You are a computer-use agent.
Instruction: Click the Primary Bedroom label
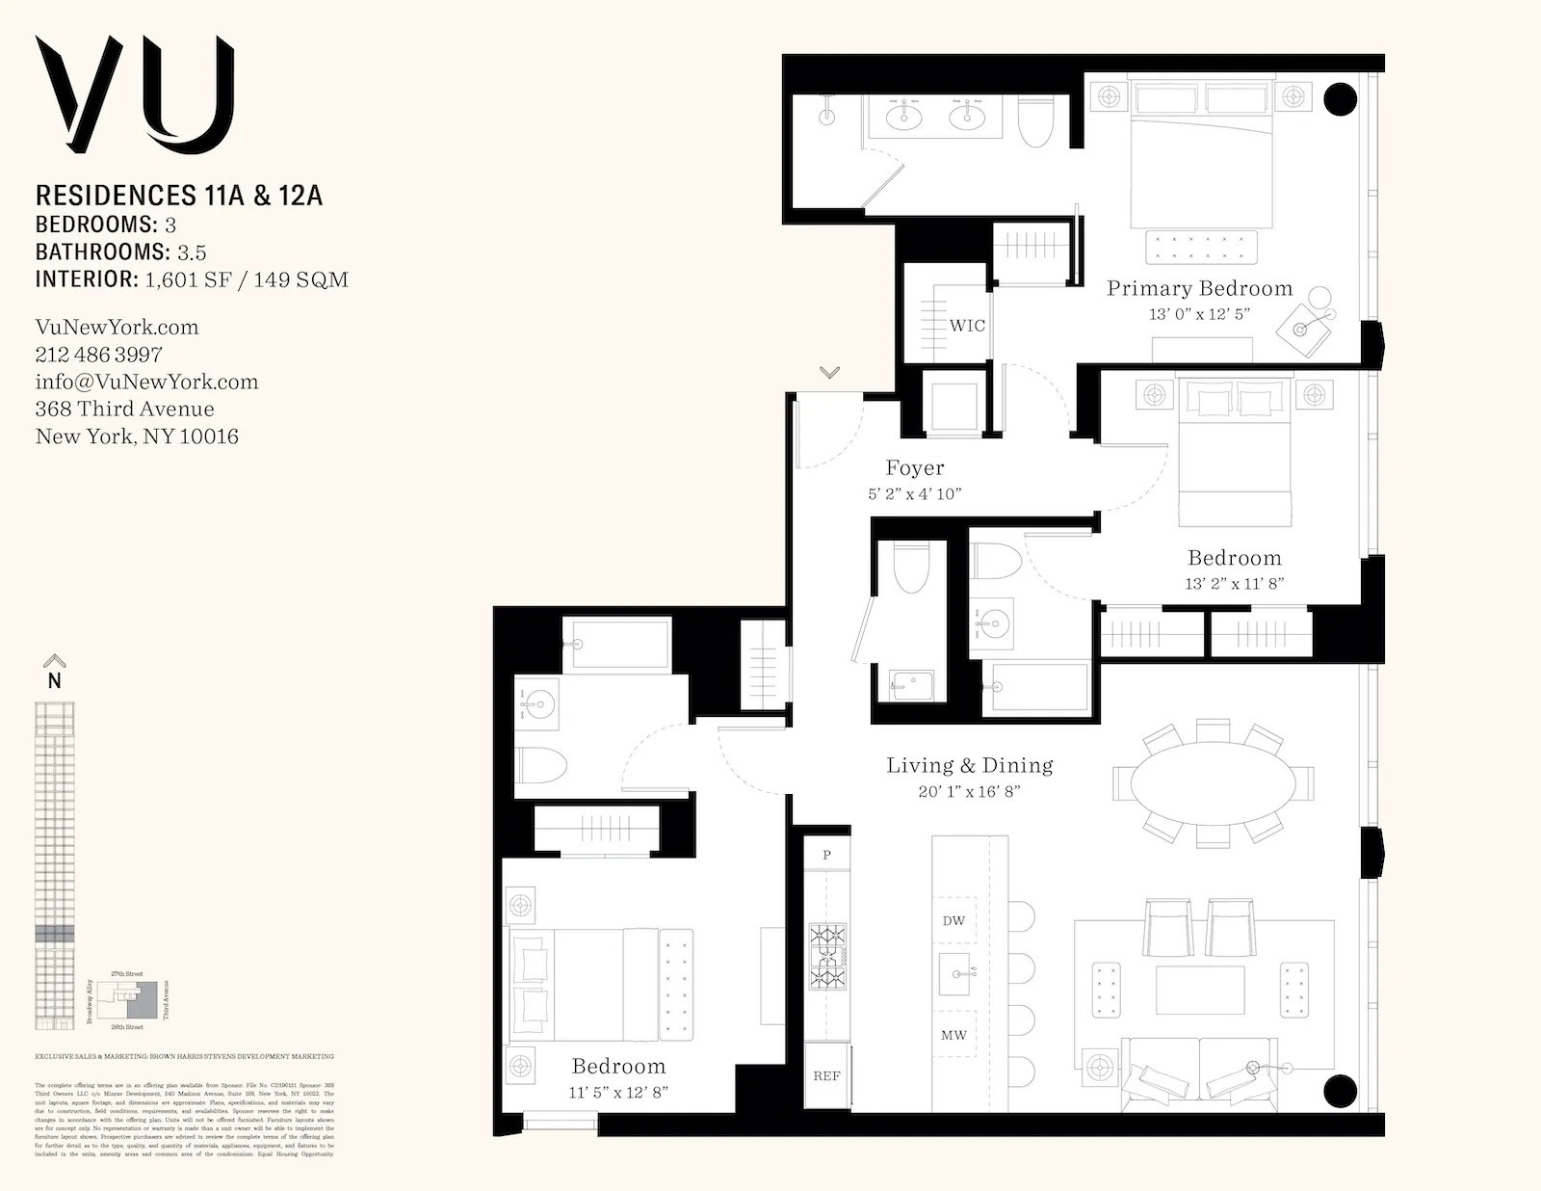click(1199, 288)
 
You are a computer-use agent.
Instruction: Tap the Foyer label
click(914, 468)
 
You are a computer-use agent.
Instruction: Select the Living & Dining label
click(969, 765)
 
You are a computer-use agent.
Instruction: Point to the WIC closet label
click(967, 326)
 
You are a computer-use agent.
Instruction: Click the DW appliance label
click(953, 920)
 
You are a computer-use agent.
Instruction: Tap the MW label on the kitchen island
click(953, 1035)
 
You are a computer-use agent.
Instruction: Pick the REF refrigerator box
click(826, 1076)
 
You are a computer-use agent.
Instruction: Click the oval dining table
click(1212, 783)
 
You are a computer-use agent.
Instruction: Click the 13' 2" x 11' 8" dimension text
click(1234, 583)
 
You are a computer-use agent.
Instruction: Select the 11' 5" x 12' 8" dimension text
click(618, 1092)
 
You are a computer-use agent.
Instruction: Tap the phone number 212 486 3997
click(98, 354)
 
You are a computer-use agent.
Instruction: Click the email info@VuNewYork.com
click(146, 382)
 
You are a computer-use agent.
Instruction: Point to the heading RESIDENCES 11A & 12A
click(178, 196)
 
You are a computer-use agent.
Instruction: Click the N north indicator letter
click(55, 680)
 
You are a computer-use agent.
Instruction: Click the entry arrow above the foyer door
click(829, 372)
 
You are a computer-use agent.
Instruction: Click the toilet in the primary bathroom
click(1037, 122)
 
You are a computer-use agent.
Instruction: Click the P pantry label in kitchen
click(826, 855)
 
